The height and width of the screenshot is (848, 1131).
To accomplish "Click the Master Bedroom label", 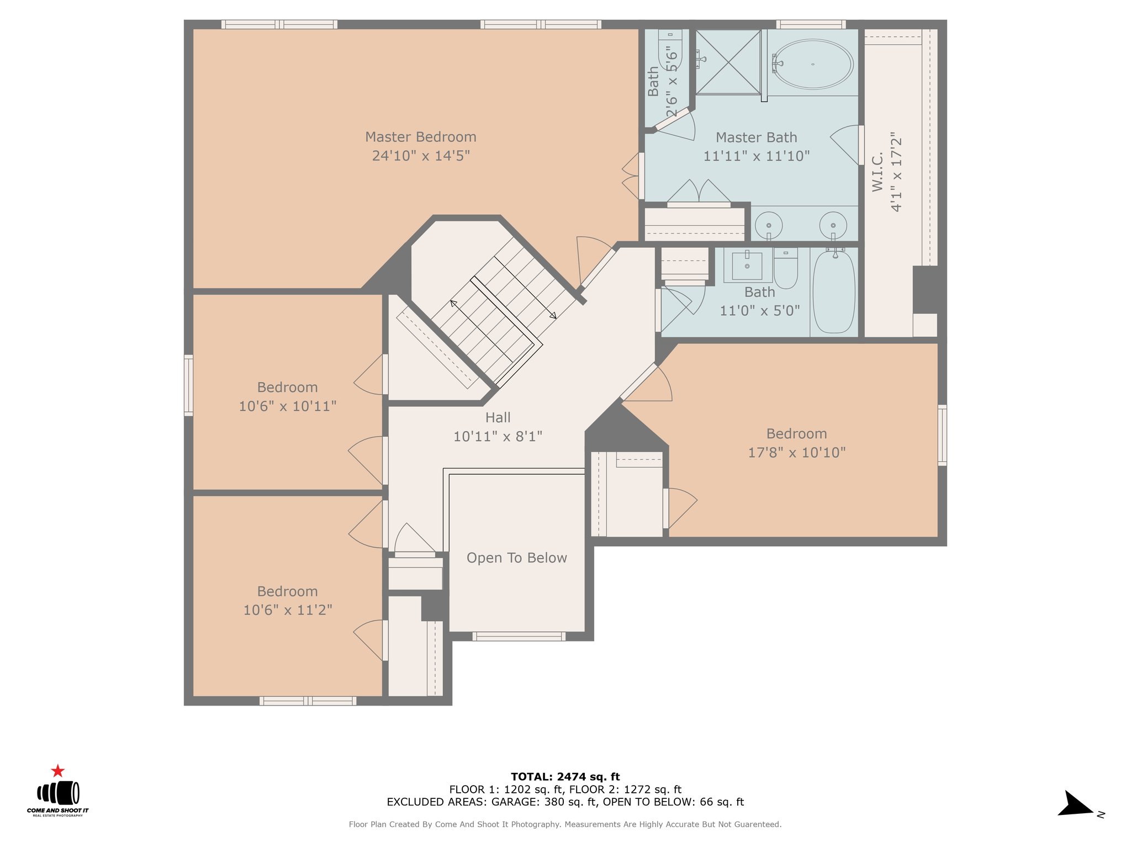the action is point(421,137).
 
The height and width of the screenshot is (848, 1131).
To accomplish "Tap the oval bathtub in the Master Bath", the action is point(812,64).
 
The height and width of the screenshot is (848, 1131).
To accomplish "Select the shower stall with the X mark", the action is point(728,62).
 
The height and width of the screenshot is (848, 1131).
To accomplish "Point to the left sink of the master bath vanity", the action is point(769,225).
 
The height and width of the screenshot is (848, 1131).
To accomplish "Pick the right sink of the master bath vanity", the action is point(833,225).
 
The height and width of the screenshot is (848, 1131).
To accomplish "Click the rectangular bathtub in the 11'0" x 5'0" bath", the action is point(834,291).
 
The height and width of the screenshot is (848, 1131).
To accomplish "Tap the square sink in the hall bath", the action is point(747,266).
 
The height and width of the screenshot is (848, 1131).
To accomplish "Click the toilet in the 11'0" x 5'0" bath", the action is point(786,268).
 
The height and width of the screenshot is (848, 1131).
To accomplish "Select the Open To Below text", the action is point(517,558).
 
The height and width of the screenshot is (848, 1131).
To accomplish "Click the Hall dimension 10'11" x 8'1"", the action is point(498,437).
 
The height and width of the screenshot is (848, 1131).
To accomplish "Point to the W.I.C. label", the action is point(878,172).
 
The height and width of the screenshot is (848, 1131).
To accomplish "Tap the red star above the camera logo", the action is point(57,771).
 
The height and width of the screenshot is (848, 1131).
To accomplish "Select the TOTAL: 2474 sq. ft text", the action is point(565,777).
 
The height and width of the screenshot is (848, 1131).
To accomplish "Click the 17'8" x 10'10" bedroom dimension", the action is point(797,453).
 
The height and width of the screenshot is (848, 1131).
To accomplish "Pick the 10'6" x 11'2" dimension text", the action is point(288,610).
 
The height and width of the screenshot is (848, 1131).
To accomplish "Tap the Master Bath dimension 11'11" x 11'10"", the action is point(757,156).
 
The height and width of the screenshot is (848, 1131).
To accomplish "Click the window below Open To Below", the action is point(519,637).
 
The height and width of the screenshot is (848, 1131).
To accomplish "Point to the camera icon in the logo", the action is point(58,793).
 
